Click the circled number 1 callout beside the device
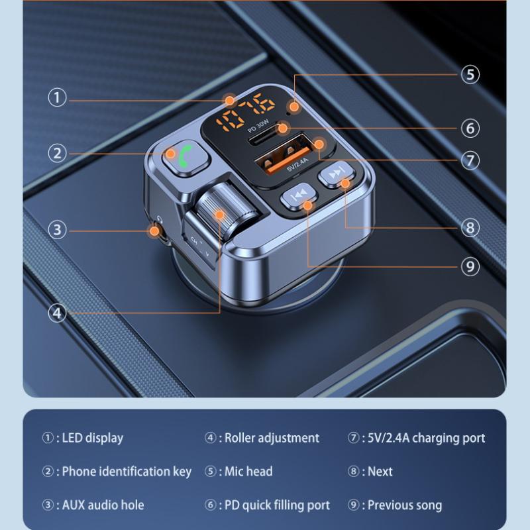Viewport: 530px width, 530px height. pos(57,97)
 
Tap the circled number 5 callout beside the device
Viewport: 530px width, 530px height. pos(470,74)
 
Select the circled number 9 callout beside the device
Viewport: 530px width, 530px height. pos(470,267)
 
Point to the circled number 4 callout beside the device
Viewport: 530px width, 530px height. pos(57,313)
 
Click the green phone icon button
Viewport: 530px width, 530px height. pos(185,158)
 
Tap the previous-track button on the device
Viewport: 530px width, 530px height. pos(299,197)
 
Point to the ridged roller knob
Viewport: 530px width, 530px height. pos(227,208)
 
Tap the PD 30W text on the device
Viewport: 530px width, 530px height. pos(258,126)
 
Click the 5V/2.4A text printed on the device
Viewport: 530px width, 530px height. pos(297,164)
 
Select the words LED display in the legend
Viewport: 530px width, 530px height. pos(93,438)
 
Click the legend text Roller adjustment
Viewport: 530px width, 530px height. pos(272,438)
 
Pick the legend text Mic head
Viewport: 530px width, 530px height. pos(248,472)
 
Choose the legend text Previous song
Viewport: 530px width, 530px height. pos(405,505)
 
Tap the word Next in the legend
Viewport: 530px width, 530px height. pos(380,472)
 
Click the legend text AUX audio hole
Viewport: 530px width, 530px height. pos(103,505)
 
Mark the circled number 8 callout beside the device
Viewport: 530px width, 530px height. pos(470,227)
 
